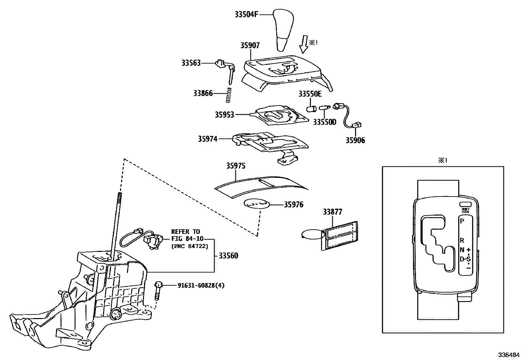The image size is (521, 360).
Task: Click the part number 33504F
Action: pos(247,14)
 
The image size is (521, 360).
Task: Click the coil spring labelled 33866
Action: pos(229,95)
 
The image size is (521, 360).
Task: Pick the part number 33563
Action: pos(191,63)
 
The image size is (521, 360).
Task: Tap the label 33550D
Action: pos(324,122)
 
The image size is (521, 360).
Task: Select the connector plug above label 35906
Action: pos(357,124)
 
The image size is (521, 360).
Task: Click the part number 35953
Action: pos(225,115)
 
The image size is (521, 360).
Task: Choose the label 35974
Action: pos(207,139)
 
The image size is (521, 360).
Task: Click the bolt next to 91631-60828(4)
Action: pos(157,290)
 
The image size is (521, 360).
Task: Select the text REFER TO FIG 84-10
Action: pos(186,235)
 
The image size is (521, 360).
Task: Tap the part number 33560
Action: pos(228,256)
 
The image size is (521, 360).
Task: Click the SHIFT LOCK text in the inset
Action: pos(465,211)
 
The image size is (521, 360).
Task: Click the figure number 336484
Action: pos(509,355)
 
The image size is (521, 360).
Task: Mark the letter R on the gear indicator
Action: pos(462,240)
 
